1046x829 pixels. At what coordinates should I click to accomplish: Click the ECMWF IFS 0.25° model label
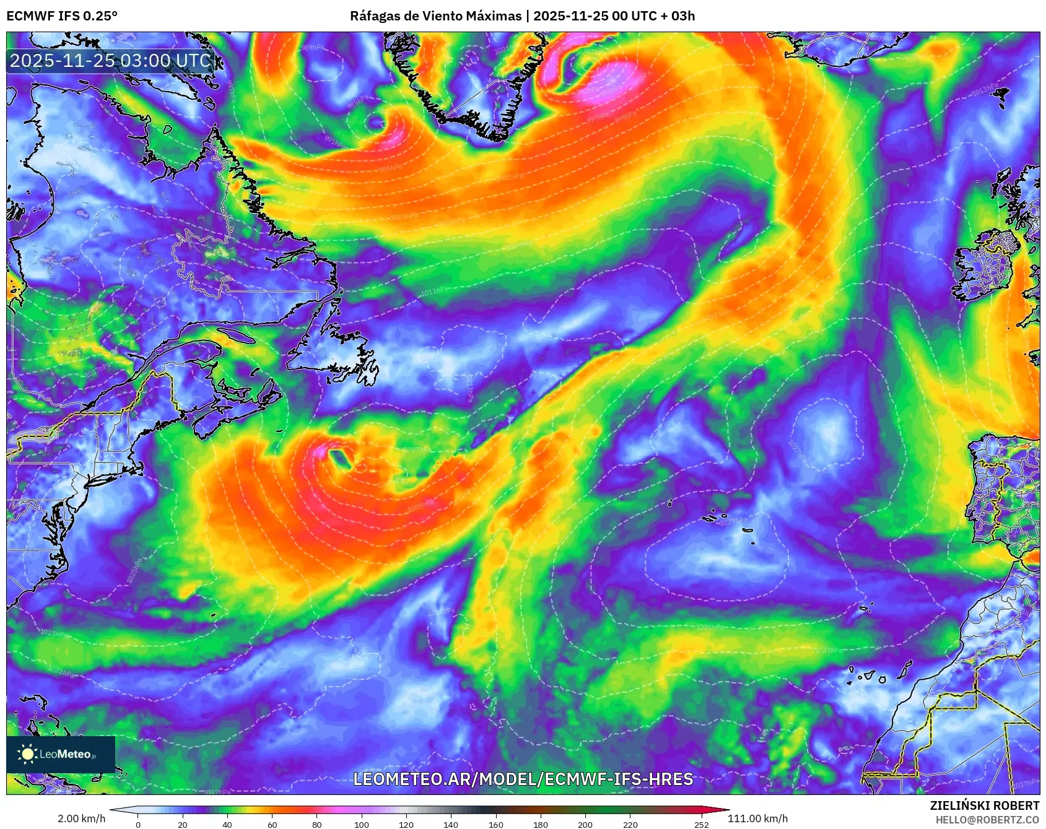(x=62, y=16)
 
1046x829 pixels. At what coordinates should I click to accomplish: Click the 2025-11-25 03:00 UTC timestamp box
(x=110, y=61)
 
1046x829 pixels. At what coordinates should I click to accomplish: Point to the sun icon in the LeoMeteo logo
(x=27, y=753)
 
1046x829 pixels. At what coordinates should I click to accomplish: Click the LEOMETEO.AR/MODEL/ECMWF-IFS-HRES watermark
(x=523, y=779)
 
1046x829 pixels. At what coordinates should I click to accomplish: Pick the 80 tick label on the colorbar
(x=317, y=824)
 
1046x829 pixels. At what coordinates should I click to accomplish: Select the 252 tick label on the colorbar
(x=701, y=824)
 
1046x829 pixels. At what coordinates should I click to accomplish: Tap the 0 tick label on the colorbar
(x=137, y=824)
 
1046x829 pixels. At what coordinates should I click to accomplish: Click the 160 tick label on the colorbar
(x=495, y=824)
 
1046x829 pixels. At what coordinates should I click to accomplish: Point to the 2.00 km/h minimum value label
(x=81, y=818)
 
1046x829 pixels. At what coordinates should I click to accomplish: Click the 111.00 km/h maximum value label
(x=757, y=818)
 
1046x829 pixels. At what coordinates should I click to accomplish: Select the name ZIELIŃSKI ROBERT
(x=985, y=805)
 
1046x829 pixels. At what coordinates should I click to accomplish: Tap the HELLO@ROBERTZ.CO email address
(x=987, y=820)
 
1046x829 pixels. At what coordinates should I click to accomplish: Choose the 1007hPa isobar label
(x=417, y=450)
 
